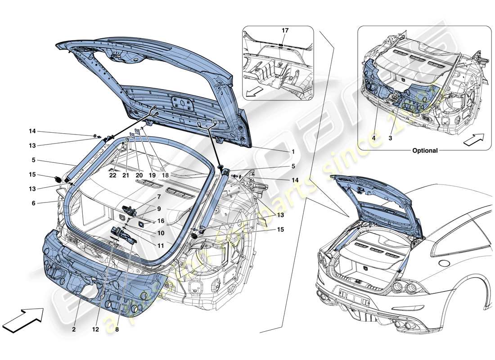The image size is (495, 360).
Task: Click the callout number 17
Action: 285,31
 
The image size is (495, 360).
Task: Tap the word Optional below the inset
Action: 425,151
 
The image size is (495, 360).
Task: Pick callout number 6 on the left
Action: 33,203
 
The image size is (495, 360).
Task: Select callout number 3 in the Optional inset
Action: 391,139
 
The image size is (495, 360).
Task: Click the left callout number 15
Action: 32,175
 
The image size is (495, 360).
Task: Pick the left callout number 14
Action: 32,131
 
